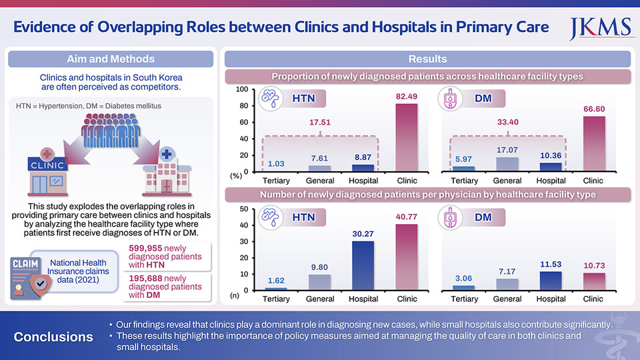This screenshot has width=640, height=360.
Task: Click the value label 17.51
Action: [x=320, y=123]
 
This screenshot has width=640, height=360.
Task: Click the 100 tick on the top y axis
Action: [x=243, y=89]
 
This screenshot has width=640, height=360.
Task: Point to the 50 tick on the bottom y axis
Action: [x=244, y=209]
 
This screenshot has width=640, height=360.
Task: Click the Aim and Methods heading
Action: [x=111, y=59]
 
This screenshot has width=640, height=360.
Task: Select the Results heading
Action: [x=427, y=59]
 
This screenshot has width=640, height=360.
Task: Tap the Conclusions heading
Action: [x=53, y=337]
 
